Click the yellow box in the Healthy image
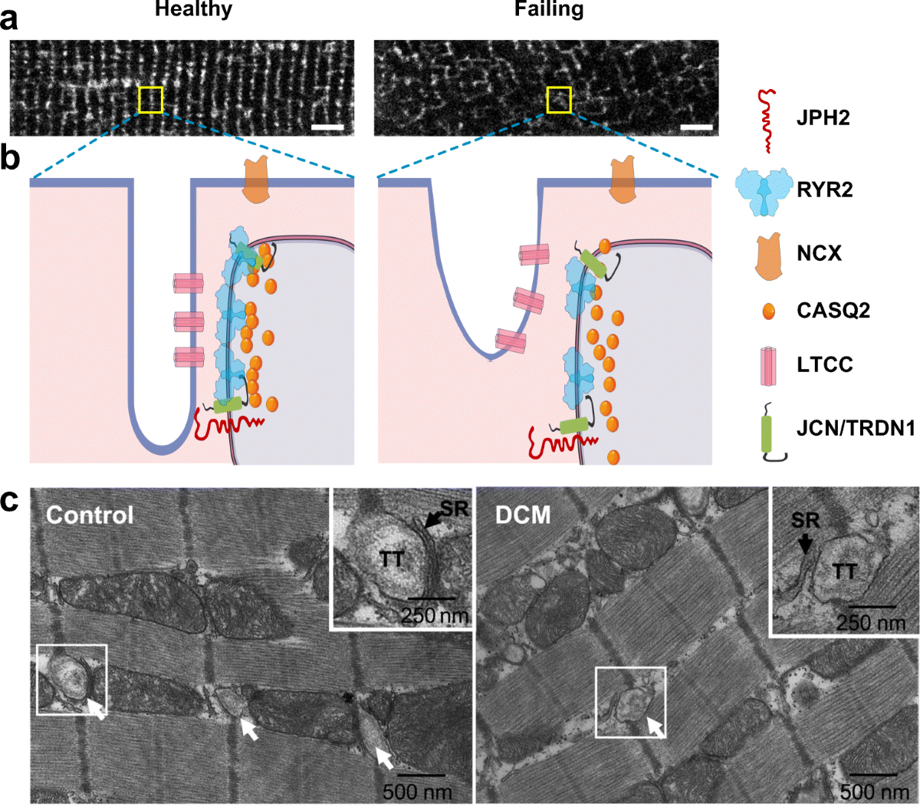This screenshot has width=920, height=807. [150, 100]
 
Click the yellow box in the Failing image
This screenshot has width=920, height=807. [559, 100]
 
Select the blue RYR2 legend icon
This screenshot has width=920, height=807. [763, 189]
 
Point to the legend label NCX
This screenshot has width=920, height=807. [820, 252]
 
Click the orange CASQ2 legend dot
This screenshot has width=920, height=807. [768, 311]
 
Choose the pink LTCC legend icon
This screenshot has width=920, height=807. [768, 364]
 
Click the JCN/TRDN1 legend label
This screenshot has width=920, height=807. [856, 428]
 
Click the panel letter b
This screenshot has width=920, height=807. [10, 158]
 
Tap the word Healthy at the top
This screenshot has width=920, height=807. [193, 10]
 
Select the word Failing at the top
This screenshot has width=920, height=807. [548, 10]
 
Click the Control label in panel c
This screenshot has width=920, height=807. [90, 515]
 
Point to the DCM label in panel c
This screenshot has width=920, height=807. [523, 515]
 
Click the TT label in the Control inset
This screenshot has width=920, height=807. [392, 560]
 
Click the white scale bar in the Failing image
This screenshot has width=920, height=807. [696, 126]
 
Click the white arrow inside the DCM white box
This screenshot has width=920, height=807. [655, 726]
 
